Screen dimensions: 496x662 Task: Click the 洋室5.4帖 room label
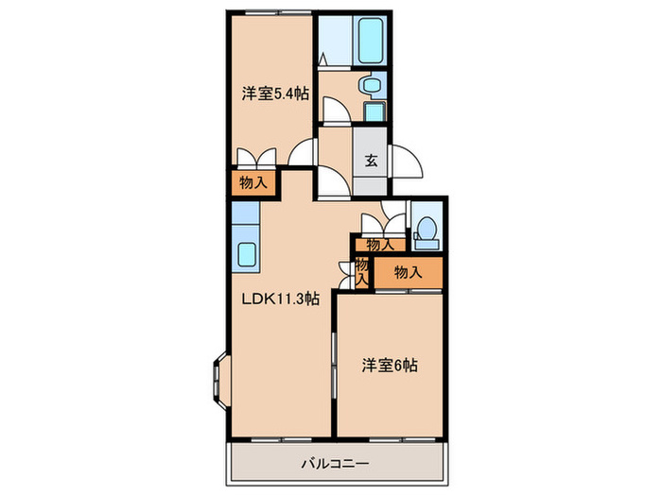(273, 93)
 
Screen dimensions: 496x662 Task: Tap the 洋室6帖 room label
(390, 366)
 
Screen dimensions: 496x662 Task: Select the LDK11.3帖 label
(281, 299)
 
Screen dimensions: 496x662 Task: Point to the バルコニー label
(335, 463)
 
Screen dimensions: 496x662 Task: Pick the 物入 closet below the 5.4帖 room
(252, 182)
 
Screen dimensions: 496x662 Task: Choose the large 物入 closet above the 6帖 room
(407, 272)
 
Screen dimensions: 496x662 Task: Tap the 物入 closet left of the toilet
(380, 245)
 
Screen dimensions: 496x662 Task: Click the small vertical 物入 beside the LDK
(360, 271)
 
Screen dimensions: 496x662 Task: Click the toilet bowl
(425, 228)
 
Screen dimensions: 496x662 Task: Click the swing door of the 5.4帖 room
(305, 152)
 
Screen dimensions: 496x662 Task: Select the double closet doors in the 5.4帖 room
(254, 157)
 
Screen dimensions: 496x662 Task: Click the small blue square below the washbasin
(375, 111)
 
